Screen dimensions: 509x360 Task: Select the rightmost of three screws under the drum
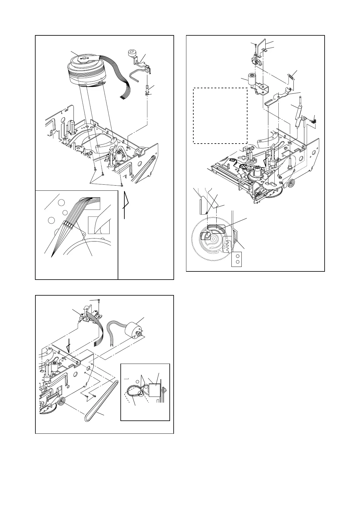click(121, 185)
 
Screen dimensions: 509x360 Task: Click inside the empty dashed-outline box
click(220, 115)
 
